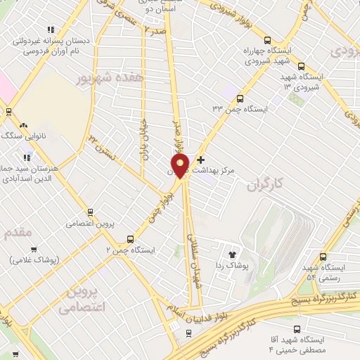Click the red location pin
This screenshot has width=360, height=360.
coord(180,167)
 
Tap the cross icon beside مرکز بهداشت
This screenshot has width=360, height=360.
coord(201,160)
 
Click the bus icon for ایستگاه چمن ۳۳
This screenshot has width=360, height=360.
coord(240,98)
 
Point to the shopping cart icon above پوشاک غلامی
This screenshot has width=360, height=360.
coord(34,250)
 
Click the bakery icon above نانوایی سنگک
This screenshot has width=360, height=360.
coord(8,112)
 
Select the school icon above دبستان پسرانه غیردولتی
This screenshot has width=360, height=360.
coord(49,30)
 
